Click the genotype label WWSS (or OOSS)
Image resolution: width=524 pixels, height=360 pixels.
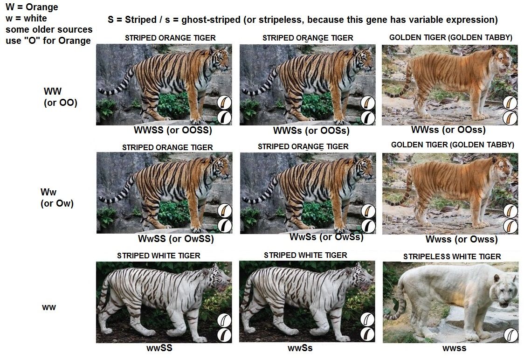pos(173,130)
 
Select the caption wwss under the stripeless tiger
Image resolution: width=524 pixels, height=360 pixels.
pos(455,348)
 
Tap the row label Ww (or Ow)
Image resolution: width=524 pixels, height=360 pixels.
pos(57,198)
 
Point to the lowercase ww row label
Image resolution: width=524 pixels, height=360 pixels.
pos(49,307)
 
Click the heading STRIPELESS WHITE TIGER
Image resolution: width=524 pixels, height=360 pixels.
pos(452,257)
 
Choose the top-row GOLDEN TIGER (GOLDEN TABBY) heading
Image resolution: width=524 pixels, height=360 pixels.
pos(450,37)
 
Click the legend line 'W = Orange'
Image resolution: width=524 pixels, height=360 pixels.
pos(32,7)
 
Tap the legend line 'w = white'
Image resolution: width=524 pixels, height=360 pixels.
pos(26,18)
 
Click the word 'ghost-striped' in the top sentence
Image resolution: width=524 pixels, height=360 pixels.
pos(211,20)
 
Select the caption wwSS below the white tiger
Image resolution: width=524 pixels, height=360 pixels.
pos(159,348)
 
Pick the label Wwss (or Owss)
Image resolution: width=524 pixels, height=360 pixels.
pos(462,239)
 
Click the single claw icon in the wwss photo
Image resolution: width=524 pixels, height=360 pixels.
pos(510,335)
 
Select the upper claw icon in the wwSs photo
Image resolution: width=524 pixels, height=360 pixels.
pos(367,319)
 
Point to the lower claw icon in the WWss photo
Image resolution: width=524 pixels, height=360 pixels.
pos(510,118)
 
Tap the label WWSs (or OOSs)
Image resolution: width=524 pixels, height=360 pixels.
pos(311,131)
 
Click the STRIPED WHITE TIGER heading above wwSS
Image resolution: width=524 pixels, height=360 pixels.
pos(159,256)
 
